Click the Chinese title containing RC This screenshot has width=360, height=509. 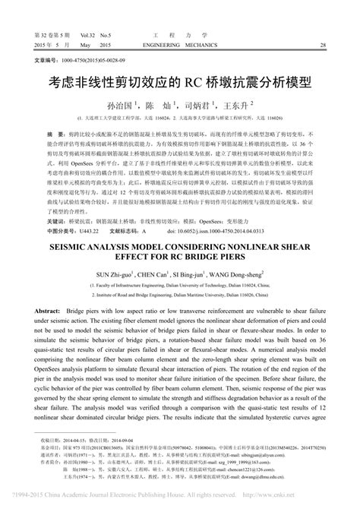(x=180, y=80)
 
